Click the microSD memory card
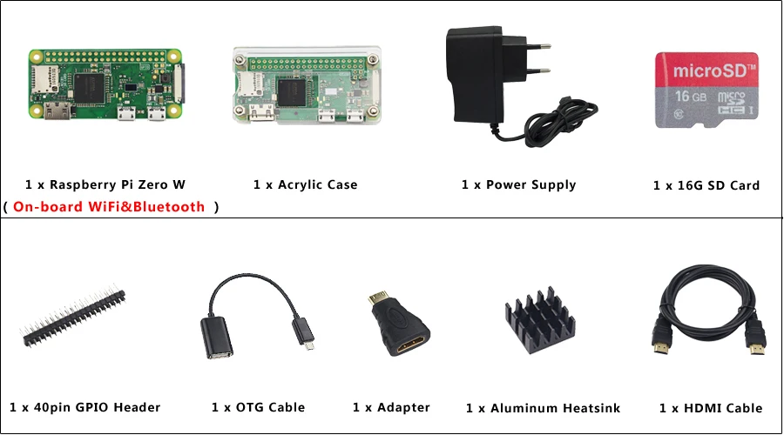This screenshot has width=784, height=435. [x=705, y=90]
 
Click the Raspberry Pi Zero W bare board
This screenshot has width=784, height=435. [x=106, y=84]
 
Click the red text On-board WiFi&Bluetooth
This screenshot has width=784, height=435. [x=109, y=207]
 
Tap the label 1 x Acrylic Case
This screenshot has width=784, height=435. [x=305, y=184]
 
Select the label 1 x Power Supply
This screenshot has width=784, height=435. [x=518, y=184]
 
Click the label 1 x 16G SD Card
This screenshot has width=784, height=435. [x=706, y=185]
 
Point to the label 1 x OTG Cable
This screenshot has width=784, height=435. [x=258, y=407]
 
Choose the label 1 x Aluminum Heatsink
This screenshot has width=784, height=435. [x=543, y=408]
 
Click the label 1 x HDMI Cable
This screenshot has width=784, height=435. [x=710, y=408]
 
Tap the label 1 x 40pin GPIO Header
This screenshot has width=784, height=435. [x=84, y=407]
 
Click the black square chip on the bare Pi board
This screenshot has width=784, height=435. [x=89, y=85]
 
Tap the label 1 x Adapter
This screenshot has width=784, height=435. [x=391, y=407]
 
